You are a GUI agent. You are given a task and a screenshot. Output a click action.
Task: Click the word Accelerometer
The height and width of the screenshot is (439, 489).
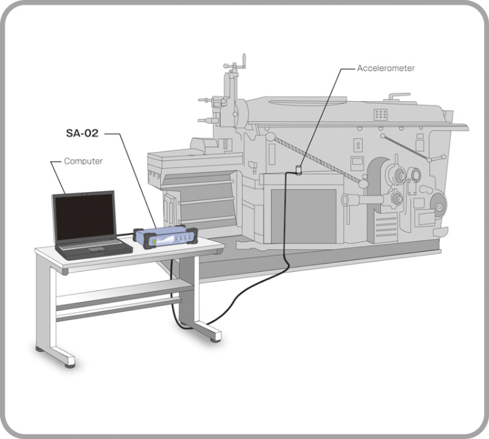pos(387,69)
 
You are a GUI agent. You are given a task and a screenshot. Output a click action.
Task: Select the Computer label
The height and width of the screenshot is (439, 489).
pos(83,161)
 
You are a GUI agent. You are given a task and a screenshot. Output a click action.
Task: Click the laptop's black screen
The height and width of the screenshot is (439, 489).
pos(84,218)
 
